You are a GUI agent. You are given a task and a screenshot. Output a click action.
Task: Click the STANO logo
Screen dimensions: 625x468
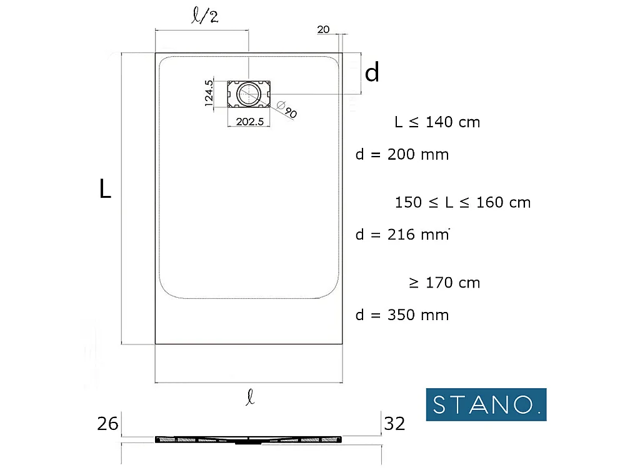(486, 404)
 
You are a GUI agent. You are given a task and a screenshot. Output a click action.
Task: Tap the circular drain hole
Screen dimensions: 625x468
(249, 94)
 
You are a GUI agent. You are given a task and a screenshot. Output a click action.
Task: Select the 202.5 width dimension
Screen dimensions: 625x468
(249, 122)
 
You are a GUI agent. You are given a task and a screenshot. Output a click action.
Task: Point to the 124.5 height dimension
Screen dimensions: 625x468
(209, 93)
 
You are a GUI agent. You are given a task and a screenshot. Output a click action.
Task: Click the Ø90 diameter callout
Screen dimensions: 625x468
(287, 109)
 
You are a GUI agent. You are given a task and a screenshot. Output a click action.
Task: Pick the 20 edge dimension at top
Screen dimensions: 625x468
(323, 29)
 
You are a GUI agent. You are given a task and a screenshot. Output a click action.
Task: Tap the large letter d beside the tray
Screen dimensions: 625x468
(372, 72)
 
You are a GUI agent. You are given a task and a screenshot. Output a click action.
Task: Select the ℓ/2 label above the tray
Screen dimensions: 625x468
(205, 16)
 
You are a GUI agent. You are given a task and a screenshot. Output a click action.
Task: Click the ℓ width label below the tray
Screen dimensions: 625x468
(250, 397)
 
